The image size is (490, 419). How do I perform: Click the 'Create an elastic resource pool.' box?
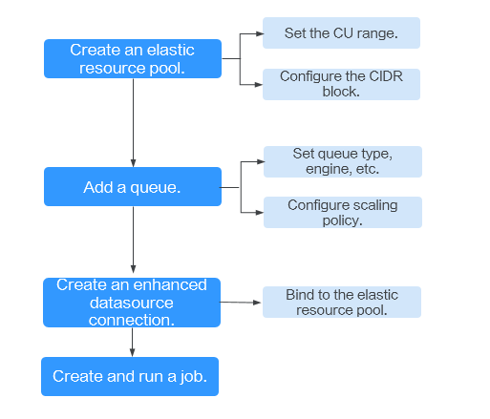point(133,58)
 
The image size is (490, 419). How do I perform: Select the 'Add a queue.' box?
point(133,187)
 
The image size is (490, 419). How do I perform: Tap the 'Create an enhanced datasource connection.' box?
point(132,303)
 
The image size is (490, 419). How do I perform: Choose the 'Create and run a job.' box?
point(130,376)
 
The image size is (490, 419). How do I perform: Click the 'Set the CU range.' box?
point(341,33)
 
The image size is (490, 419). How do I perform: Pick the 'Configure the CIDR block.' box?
point(341,84)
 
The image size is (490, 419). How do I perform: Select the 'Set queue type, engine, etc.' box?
point(343,161)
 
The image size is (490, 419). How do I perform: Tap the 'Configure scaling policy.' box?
point(343,212)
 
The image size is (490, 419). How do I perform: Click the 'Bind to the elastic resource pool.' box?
point(342,302)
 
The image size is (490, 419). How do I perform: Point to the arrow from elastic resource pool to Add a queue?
point(133,123)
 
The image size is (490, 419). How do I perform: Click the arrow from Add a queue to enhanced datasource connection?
point(133,240)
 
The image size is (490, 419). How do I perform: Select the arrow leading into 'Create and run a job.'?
point(132,342)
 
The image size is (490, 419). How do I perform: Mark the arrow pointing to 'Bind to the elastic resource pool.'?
point(241,303)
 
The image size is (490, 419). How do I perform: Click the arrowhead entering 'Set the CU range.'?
point(260,33)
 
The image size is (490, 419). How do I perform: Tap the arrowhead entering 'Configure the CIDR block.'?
point(259,85)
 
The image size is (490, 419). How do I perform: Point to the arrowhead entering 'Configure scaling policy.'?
point(260,213)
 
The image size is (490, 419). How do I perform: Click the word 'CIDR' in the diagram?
point(386,76)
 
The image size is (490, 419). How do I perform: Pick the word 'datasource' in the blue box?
point(132,303)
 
